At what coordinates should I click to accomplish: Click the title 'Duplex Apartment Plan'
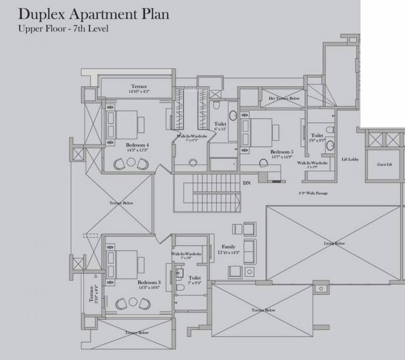click(93, 14)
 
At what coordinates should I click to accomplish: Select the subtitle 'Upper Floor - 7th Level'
click(63, 29)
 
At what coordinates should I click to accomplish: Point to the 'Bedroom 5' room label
click(282, 152)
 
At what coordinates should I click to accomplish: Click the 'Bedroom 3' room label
click(149, 283)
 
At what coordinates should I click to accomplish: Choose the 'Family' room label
click(229, 247)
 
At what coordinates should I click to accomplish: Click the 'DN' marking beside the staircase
click(246, 183)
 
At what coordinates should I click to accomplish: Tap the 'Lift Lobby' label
click(350, 159)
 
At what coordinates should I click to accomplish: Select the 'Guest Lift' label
click(384, 165)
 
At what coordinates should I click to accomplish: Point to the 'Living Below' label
click(334, 243)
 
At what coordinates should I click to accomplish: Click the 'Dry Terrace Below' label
click(284, 98)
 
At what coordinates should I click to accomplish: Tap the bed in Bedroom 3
click(123, 265)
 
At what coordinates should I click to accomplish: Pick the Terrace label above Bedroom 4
click(139, 87)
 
